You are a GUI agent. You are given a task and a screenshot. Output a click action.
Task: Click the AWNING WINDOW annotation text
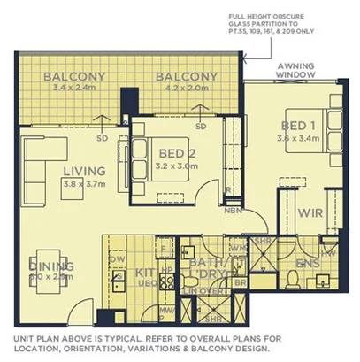pos(300,71)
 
